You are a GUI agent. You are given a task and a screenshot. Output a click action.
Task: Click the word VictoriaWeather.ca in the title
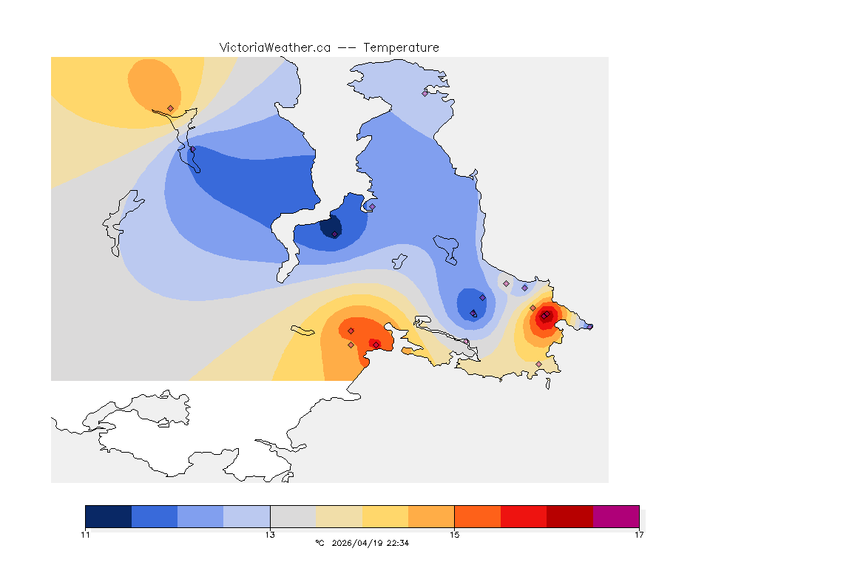[274, 47]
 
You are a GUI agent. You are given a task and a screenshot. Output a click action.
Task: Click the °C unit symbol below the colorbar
[319, 543]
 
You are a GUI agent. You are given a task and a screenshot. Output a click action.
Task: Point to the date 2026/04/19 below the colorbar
[359, 543]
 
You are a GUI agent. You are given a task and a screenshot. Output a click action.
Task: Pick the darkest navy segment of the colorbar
[109, 516]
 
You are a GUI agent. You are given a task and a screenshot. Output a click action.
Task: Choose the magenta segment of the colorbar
[615, 516]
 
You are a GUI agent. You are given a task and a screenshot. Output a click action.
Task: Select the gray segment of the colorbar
[293, 516]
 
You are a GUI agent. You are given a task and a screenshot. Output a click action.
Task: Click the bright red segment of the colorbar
[524, 516]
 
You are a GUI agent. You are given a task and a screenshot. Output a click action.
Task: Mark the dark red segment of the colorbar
[569, 516]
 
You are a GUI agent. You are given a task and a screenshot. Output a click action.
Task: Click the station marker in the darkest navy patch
[335, 234]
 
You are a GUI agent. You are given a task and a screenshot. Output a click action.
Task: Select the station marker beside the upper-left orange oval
[171, 108]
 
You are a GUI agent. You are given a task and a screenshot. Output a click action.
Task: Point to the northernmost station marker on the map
[425, 93]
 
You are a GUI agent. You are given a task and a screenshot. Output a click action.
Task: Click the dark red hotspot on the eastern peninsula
[544, 317]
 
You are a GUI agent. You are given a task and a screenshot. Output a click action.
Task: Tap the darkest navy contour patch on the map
[331, 226]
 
